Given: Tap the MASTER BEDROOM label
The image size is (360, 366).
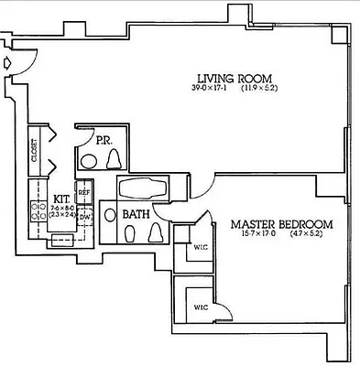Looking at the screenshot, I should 281,223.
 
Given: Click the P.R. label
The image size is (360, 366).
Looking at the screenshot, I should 104,141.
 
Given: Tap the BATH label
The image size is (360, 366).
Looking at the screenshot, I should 136,215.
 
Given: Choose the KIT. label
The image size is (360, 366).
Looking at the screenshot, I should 61,198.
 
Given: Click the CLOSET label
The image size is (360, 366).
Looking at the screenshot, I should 35,150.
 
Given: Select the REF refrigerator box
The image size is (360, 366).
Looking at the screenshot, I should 84,191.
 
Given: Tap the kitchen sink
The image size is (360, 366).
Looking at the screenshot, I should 62,238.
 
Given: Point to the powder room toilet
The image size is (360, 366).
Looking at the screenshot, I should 115,159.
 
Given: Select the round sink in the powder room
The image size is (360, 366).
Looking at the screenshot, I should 89,161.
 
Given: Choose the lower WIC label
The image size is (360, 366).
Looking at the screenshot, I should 199,307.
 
